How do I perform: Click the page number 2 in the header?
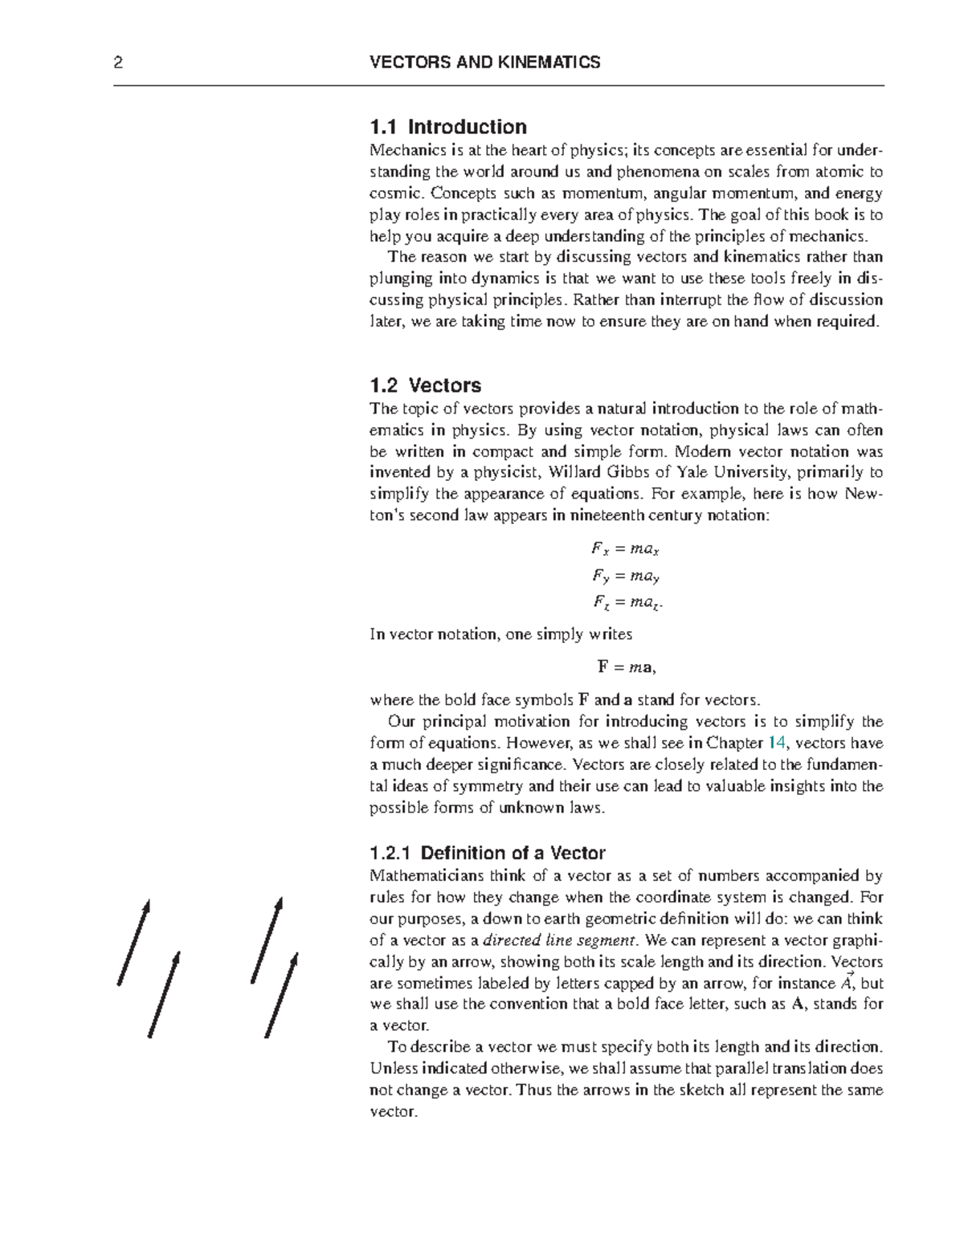pyautogui.click(x=118, y=63)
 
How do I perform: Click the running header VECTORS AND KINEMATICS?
pyautogui.click(x=484, y=63)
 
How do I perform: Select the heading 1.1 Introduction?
pyautogui.click(x=447, y=127)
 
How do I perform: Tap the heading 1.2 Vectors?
pyautogui.click(x=425, y=385)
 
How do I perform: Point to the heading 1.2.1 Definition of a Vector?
pyautogui.click(x=487, y=853)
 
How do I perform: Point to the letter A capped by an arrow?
pyautogui.click(x=845, y=982)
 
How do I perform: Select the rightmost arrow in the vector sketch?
pyautogui.click(x=281, y=995)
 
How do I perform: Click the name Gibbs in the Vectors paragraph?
pyautogui.click(x=621, y=472)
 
